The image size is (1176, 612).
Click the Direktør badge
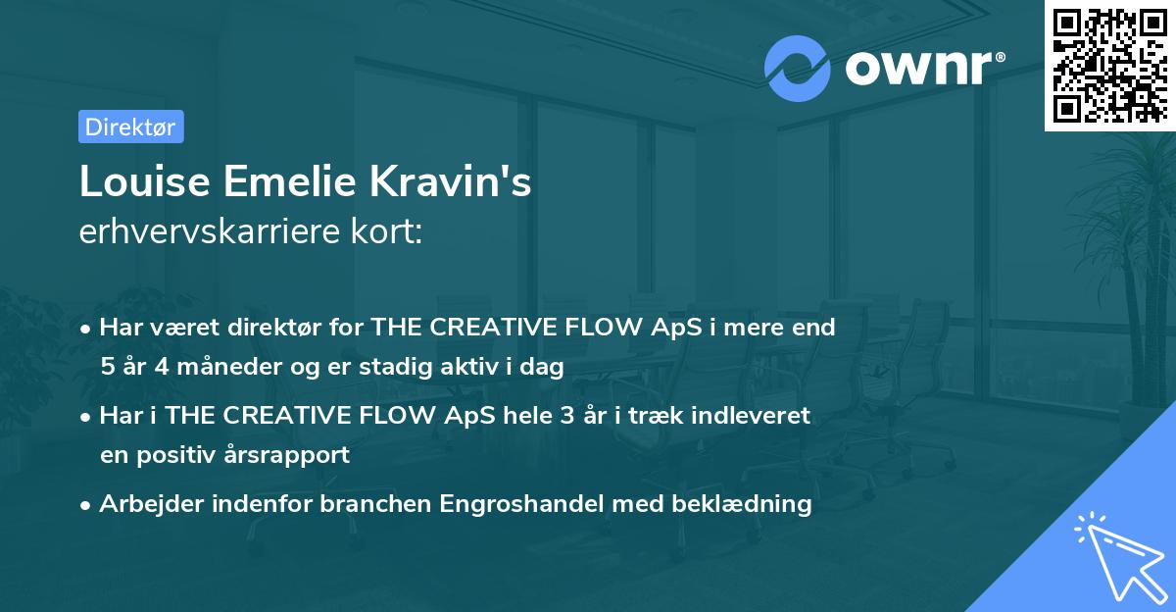point(130,127)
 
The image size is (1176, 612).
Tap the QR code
point(1109,66)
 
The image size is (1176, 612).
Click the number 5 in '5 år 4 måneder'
point(107,367)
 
